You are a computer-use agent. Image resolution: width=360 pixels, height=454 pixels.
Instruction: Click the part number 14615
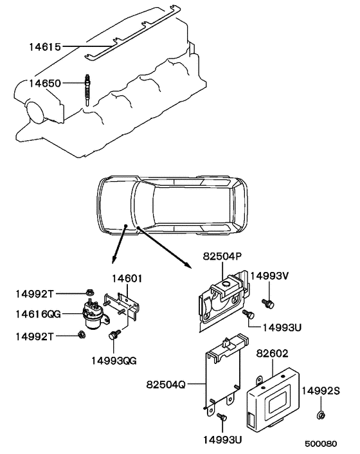44,46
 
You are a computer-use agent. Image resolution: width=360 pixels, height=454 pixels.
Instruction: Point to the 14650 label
44,83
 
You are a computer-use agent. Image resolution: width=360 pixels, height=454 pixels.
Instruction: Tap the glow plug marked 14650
86,91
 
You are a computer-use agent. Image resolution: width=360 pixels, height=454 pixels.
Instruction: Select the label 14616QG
38,314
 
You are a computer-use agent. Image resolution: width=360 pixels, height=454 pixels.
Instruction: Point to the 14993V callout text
269,277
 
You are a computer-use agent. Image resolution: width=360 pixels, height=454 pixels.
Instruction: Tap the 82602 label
274,353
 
